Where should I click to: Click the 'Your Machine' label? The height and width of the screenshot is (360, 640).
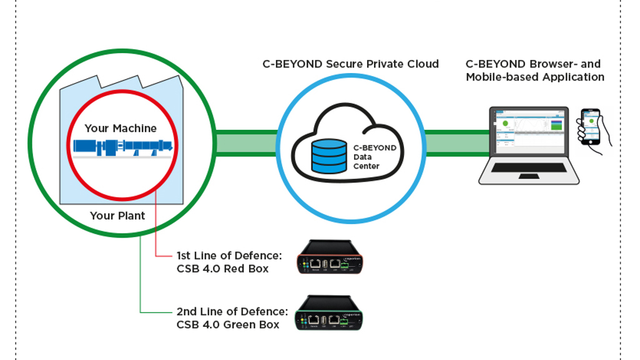click(x=121, y=129)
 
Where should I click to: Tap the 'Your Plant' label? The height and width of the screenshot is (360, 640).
click(x=117, y=216)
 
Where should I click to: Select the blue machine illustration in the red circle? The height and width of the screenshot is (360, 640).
click(x=122, y=147)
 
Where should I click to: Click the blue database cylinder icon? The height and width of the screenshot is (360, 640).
click(x=329, y=156)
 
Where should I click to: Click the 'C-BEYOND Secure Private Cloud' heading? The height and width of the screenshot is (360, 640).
click(x=350, y=64)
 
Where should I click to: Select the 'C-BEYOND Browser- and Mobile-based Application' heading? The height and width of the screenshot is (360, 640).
click(x=534, y=71)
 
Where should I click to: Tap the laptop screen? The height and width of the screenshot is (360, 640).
click(x=528, y=131)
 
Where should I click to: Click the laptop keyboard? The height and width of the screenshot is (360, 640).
click(x=528, y=168)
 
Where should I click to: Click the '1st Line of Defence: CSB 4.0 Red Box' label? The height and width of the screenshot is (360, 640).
click(x=229, y=262)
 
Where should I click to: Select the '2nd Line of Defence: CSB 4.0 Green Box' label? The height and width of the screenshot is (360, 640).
click(x=232, y=318)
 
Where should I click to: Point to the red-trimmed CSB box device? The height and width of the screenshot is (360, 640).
click(x=328, y=258)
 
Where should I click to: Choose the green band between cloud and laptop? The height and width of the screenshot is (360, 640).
click(x=456, y=144)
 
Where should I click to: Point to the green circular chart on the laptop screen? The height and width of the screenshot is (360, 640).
click(x=505, y=123)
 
